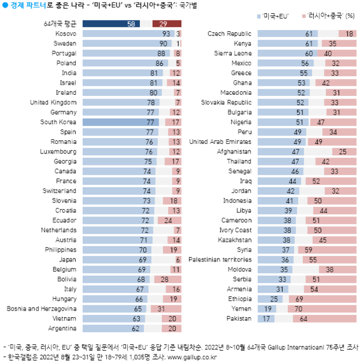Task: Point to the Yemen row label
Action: pos(240,309)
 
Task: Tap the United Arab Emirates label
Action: pos(220,142)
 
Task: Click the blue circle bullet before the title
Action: pos(6,5)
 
